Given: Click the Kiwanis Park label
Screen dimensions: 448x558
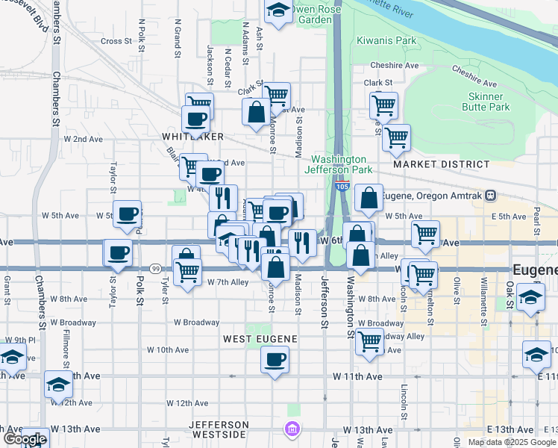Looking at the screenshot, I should (386, 40).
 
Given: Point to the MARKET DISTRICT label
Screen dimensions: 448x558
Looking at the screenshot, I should (442, 164).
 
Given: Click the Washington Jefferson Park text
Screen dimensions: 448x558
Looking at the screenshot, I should (339, 164).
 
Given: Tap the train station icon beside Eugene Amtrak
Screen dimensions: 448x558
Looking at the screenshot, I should (490, 196).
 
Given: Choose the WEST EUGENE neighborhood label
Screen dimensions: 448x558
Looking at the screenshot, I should (261, 339).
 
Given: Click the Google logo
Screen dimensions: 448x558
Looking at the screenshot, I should (25, 439).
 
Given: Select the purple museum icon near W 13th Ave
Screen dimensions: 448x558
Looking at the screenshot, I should (291, 429).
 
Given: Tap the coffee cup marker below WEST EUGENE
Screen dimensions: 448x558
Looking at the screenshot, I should (275, 361).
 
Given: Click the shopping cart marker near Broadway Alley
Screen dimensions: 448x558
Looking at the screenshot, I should (370, 340).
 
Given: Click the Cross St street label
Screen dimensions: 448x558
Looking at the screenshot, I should (116, 41).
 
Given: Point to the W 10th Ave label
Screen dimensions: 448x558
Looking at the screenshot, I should (167, 349).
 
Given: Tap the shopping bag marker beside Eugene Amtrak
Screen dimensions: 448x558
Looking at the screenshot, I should (369, 199).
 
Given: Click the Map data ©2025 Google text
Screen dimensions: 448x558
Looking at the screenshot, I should (511, 442).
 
